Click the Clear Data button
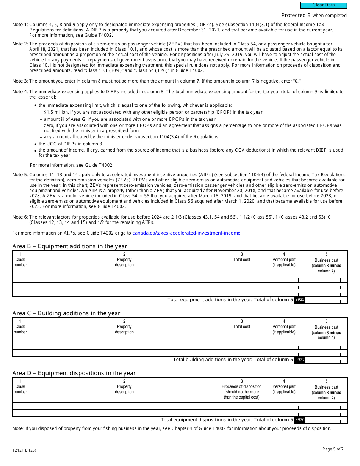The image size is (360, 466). coord(324,5)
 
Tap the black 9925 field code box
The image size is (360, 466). coord(300,300)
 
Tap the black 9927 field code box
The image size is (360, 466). coord(300,360)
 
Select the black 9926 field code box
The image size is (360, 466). coord(300,420)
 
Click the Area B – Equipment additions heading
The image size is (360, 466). coord(69,246)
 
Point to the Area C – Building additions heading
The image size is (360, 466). coord(66,313)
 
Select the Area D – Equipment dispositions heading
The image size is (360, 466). coord(74,373)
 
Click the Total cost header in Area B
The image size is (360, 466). coord(241,260)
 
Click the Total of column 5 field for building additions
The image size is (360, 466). coord(326,360)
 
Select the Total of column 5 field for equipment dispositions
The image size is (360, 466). coord(326,420)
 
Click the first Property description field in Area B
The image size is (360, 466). coord(124,279)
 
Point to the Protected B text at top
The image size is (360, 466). coord(314,16)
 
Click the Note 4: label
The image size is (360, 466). coord(20,92)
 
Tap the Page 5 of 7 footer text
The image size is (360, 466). coord(333,449)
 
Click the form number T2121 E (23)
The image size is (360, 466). coord(24,450)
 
